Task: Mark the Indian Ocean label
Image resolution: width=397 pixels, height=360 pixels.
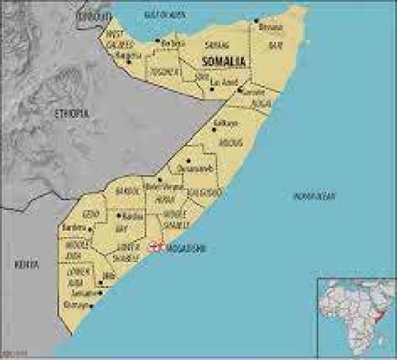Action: click(x=314, y=196)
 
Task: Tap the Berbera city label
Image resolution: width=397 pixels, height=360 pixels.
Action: click(x=173, y=43)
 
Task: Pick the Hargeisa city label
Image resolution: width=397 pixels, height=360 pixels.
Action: click(x=132, y=57)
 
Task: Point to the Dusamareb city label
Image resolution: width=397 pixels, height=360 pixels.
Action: click(x=204, y=167)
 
